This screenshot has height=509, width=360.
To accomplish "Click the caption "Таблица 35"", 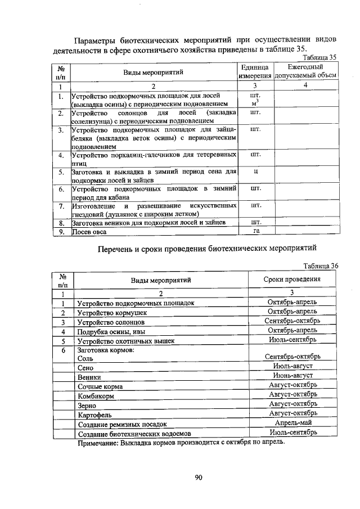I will tap(319, 58).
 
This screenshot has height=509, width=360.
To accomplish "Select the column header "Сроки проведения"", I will tap(292, 279).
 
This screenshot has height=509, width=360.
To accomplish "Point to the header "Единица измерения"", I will tap(254, 71).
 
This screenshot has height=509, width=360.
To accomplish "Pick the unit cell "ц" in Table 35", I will tap(255, 170).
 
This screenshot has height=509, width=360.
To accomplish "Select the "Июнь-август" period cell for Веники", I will tap(292, 375).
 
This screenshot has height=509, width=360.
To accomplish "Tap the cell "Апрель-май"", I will tap(292, 423).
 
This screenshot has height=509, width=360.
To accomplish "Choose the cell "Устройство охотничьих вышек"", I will tap(126, 341).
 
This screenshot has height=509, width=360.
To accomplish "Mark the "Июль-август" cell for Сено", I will tap(292, 366).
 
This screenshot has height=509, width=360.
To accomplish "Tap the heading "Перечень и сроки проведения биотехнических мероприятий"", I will tap(208, 247).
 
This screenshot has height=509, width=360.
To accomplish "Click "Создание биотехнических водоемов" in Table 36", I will tap(134, 434).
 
